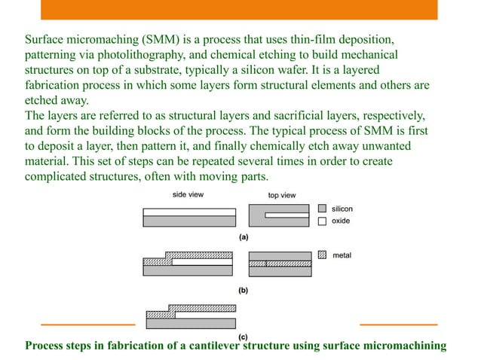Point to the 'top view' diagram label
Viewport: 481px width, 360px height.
282,195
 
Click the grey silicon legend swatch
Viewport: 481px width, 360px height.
322,208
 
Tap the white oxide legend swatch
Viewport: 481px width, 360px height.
322,221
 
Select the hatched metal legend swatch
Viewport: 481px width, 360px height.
322,255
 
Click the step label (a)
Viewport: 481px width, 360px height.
244,236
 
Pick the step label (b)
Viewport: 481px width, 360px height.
244,289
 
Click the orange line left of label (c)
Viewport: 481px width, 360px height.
87,325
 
